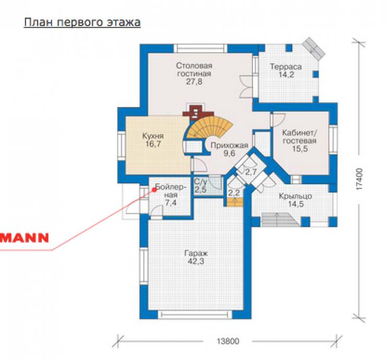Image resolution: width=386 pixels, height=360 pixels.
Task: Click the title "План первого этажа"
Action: tap(82, 22)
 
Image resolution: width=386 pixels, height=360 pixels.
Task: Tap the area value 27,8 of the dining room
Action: tap(194, 81)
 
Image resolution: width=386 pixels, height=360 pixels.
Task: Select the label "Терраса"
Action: tap(285, 67)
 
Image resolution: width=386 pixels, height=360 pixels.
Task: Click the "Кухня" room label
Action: tap(153, 136)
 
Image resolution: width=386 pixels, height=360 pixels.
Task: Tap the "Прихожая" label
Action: tap(229, 146)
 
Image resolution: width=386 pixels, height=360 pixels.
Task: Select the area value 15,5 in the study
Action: tap(300, 149)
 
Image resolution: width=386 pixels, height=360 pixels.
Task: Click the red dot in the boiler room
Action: tap(154, 189)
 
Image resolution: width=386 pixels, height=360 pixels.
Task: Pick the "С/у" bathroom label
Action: tap(200, 182)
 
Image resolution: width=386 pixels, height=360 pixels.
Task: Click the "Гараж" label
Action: tap(196, 254)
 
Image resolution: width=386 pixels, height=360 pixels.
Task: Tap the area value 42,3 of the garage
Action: tap(196, 261)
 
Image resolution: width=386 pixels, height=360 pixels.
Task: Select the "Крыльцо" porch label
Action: tap(295, 196)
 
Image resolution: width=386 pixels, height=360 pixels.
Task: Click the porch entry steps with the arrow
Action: tap(280, 220)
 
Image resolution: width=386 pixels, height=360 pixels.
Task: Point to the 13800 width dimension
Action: tap(228, 341)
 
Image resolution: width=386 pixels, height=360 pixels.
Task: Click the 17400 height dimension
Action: tap(359, 179)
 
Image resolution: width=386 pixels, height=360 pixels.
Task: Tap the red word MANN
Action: tap(25, 238)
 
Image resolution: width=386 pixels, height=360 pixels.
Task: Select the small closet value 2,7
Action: tap(251, 172)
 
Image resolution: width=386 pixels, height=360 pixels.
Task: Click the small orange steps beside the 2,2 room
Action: tap(235, 202)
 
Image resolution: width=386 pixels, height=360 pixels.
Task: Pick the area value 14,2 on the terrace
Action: tap(286, 75)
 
